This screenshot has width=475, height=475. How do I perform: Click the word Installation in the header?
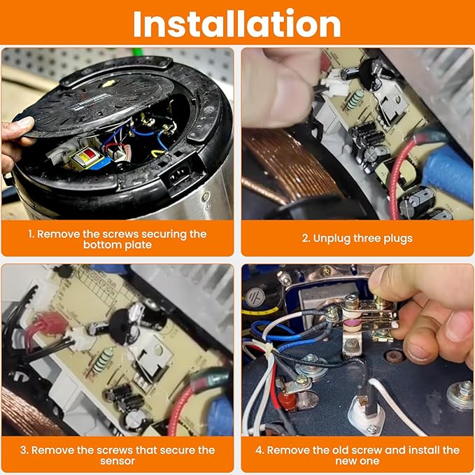[x=237, y=24]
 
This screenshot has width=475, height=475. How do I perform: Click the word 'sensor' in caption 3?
[x=118, y=461]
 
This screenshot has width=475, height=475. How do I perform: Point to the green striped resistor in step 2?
[x=355, y=100]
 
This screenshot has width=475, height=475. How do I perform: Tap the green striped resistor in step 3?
[x=102, y=360]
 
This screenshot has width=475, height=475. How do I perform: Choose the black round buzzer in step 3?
[x=120, y=326]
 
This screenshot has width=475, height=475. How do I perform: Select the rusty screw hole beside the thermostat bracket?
[x=393, y=356]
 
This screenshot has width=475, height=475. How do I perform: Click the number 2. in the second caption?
[x=306, y=239]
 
